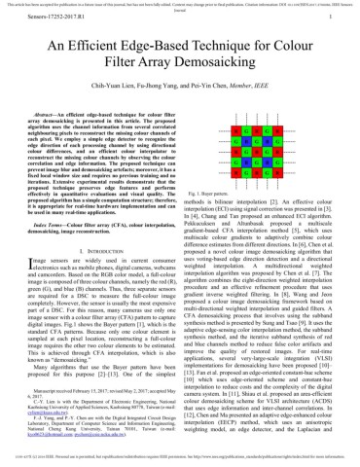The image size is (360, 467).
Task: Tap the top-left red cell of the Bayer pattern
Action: (237, 129)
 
